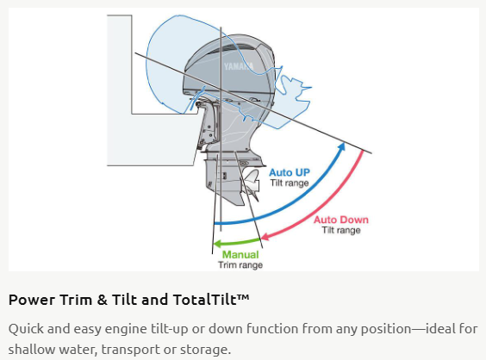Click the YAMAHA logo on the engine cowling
[239, 66]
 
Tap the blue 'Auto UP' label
[290, 172]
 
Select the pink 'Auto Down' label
[341, 220]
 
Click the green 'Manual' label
[240, 254]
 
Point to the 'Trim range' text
[240, 265]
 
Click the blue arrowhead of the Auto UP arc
[341, 146]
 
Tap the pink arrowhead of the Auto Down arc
[265, 237]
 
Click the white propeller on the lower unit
[252, 184]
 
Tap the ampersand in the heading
[102, 300]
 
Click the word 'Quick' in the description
[26, 329]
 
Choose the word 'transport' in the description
[130, 350]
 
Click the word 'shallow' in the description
[34, 349]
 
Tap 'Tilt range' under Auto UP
[290, 183]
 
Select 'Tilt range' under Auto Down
[341, 230]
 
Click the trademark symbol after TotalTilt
[243, 297]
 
